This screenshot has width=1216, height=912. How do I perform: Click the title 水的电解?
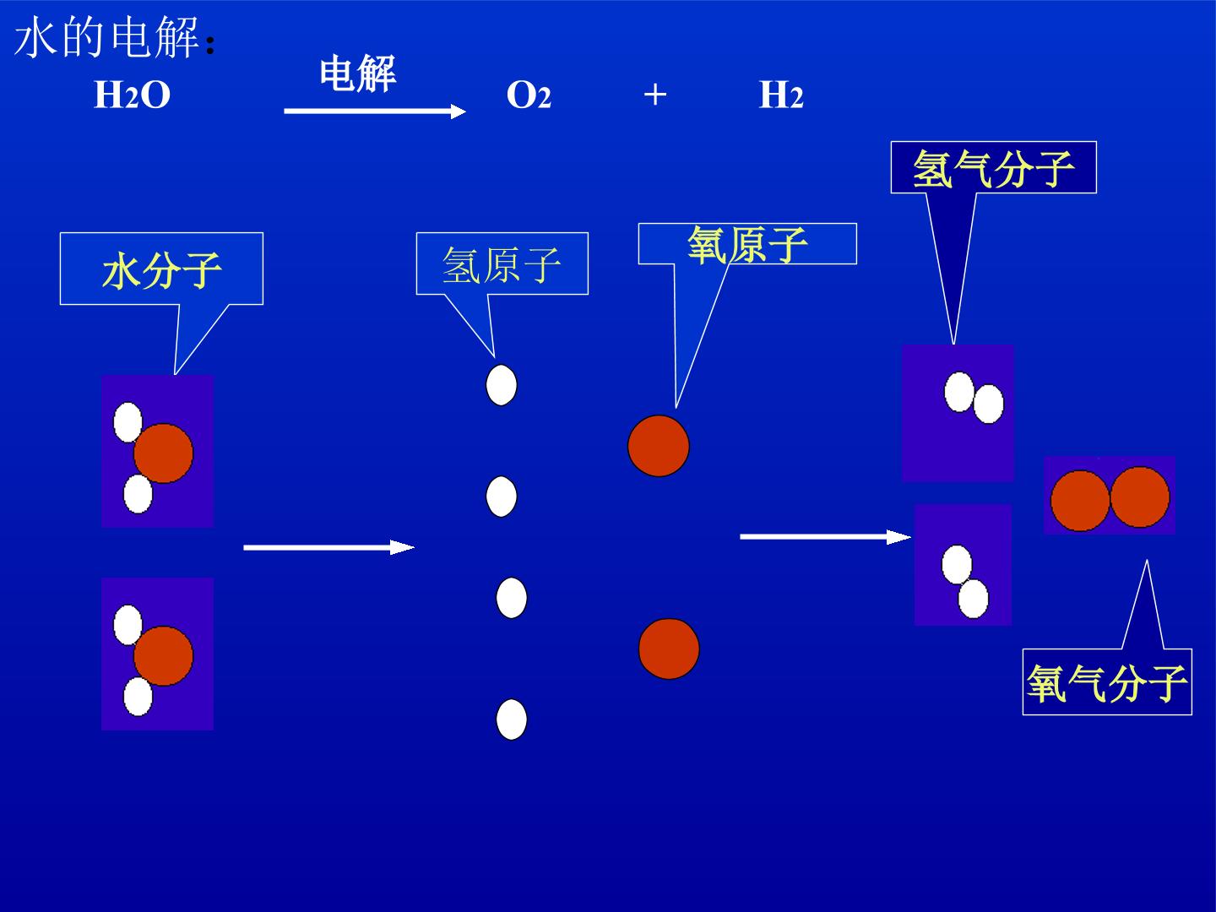click(x=106, y=38)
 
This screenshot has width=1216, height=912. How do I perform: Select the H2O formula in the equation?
click(x=133, y=95)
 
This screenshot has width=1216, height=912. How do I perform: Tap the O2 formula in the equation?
click(x=529, y=95)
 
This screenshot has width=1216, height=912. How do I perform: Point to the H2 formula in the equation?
click(x=781, y=95)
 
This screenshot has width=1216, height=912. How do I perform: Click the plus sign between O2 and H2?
click(x=654, y=94)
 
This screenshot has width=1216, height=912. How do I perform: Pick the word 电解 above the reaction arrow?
click(x=358, y=73)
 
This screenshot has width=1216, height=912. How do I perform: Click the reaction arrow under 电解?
click(x=375, y=111)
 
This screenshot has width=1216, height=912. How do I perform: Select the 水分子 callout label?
click(x=162, y=270)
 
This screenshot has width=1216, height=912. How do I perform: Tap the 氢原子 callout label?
click(x=502, y=265)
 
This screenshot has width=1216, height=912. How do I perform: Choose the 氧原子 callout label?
click(x=747, y=244)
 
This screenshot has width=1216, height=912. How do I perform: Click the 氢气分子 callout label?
click(x=993, y=168)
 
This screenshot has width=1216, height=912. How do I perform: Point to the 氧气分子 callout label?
click(x=1107, y=683)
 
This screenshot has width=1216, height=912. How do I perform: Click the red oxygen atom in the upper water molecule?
click(x=164, y=453)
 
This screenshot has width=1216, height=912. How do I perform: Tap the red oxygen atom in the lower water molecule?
click(x=164, y=655)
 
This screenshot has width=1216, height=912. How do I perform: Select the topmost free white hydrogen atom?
click(x=502, y=385)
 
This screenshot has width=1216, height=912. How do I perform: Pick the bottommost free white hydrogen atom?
click(x=512, y=719)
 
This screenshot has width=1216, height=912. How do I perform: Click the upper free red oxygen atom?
click(x=659, y=446)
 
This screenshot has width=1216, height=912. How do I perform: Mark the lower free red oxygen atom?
click(x=669, y=649)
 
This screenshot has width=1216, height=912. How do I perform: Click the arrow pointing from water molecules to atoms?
click(x=329, y=547)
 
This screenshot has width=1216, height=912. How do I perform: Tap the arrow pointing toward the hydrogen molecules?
click(x=825, y=536)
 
